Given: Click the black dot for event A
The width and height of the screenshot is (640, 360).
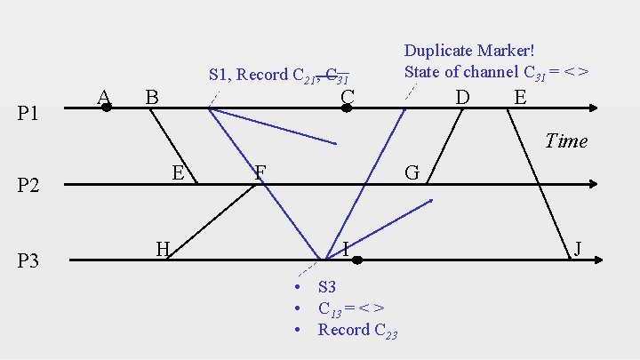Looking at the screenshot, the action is [106, 108].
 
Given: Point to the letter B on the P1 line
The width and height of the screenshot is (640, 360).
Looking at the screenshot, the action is [152, 96].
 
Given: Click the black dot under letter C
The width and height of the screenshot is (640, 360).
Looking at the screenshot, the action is [348, 108].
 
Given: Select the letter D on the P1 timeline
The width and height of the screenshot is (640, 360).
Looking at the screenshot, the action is [462, 95].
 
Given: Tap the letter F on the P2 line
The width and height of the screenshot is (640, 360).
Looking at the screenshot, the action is [260, 171].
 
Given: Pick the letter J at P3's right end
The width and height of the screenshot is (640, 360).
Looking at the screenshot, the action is [579, 248].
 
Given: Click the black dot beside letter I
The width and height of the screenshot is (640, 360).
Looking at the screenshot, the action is [356, 260].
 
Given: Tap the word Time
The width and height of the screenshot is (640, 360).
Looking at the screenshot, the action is [566, 140].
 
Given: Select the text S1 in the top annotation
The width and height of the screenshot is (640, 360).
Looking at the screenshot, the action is [219, 75].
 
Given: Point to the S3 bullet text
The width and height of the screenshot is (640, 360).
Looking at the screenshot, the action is [327, 287].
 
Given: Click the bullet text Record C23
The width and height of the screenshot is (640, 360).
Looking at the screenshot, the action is [357, 330].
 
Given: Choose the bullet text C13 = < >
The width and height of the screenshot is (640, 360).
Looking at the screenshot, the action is [351, 308].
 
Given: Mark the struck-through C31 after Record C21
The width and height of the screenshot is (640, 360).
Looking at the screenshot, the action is [338, 76].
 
